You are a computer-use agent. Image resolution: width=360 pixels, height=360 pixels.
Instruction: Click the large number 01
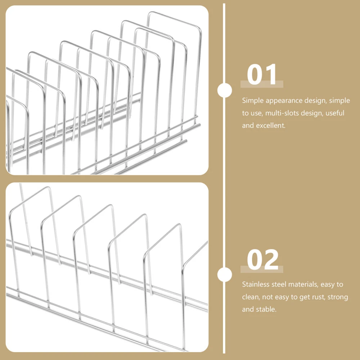[262, 75]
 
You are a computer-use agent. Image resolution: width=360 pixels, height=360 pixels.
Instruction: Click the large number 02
[263, 260]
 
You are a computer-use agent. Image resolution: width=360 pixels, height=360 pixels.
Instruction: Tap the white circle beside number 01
[225, 90]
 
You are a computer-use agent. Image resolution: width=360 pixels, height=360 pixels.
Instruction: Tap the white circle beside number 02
[225, 275]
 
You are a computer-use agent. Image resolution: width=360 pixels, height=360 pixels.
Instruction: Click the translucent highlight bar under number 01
[262, 84]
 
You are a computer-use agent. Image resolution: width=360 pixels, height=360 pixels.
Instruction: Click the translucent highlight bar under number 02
[262, 269]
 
